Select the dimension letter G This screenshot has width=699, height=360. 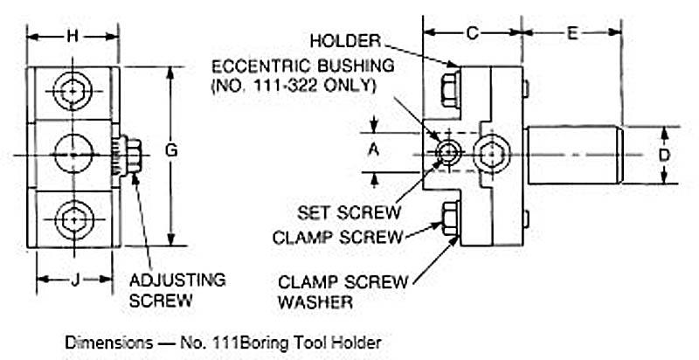[x=171, y=150]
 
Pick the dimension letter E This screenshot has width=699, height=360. [x=572, y=34]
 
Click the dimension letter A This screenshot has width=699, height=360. [x=374, y=150]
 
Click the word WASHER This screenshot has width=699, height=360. [x=317, y=302]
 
